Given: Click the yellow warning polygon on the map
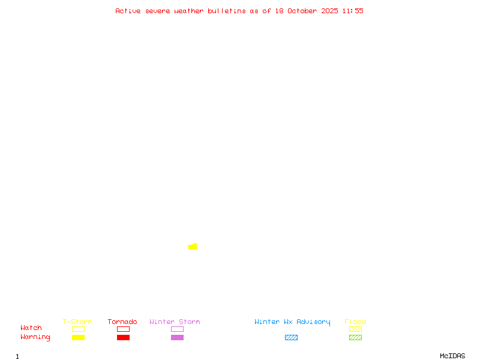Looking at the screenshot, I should (193, 247).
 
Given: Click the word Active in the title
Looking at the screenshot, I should (128, 11).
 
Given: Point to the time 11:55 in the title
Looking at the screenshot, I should (353, 11).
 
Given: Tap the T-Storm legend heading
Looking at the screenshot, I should (77, 322).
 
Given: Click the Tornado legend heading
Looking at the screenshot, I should (122, 322).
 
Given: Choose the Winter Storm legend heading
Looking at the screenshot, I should (175, 322).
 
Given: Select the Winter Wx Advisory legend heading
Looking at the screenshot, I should (292, 322).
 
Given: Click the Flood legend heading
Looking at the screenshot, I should (355, 322).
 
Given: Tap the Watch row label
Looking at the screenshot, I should (31, 328).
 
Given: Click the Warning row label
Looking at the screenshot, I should (35, 337).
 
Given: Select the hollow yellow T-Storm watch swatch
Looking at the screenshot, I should (78, 329).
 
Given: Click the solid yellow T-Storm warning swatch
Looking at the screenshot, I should (78, 337).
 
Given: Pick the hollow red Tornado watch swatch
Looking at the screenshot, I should (123, 329).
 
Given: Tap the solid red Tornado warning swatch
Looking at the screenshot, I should (123, 337).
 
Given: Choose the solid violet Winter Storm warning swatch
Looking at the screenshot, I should (177, 337).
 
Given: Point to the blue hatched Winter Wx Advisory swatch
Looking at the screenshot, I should (291, 337).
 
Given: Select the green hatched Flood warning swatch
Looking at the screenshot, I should (355, 337).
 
